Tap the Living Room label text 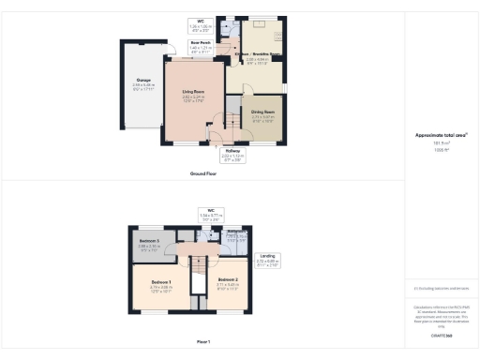pyautogui.click(x=193, y=92)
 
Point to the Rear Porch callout pyautogui.click(x=199, y=43)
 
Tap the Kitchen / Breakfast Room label pyautogui.click(x=257, y=58)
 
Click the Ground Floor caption pyautogui.click(x=203, y=174)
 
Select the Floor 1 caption pyautogui.click(x=203, y=340)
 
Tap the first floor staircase pyautogui.click(x=199, y=281)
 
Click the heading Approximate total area pyautogui.click(x=442, y=135)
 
